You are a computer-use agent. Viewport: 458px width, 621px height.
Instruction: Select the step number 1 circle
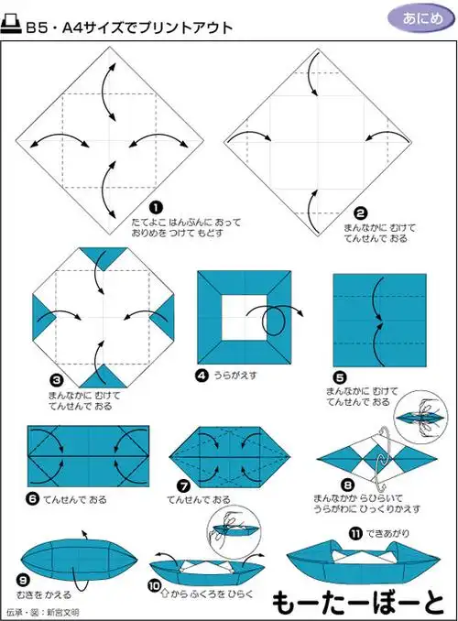157,208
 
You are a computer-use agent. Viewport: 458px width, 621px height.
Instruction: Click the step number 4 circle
202,375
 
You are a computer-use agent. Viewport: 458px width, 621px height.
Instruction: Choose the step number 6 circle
33,499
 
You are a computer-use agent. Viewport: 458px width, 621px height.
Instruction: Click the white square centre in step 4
244,317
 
